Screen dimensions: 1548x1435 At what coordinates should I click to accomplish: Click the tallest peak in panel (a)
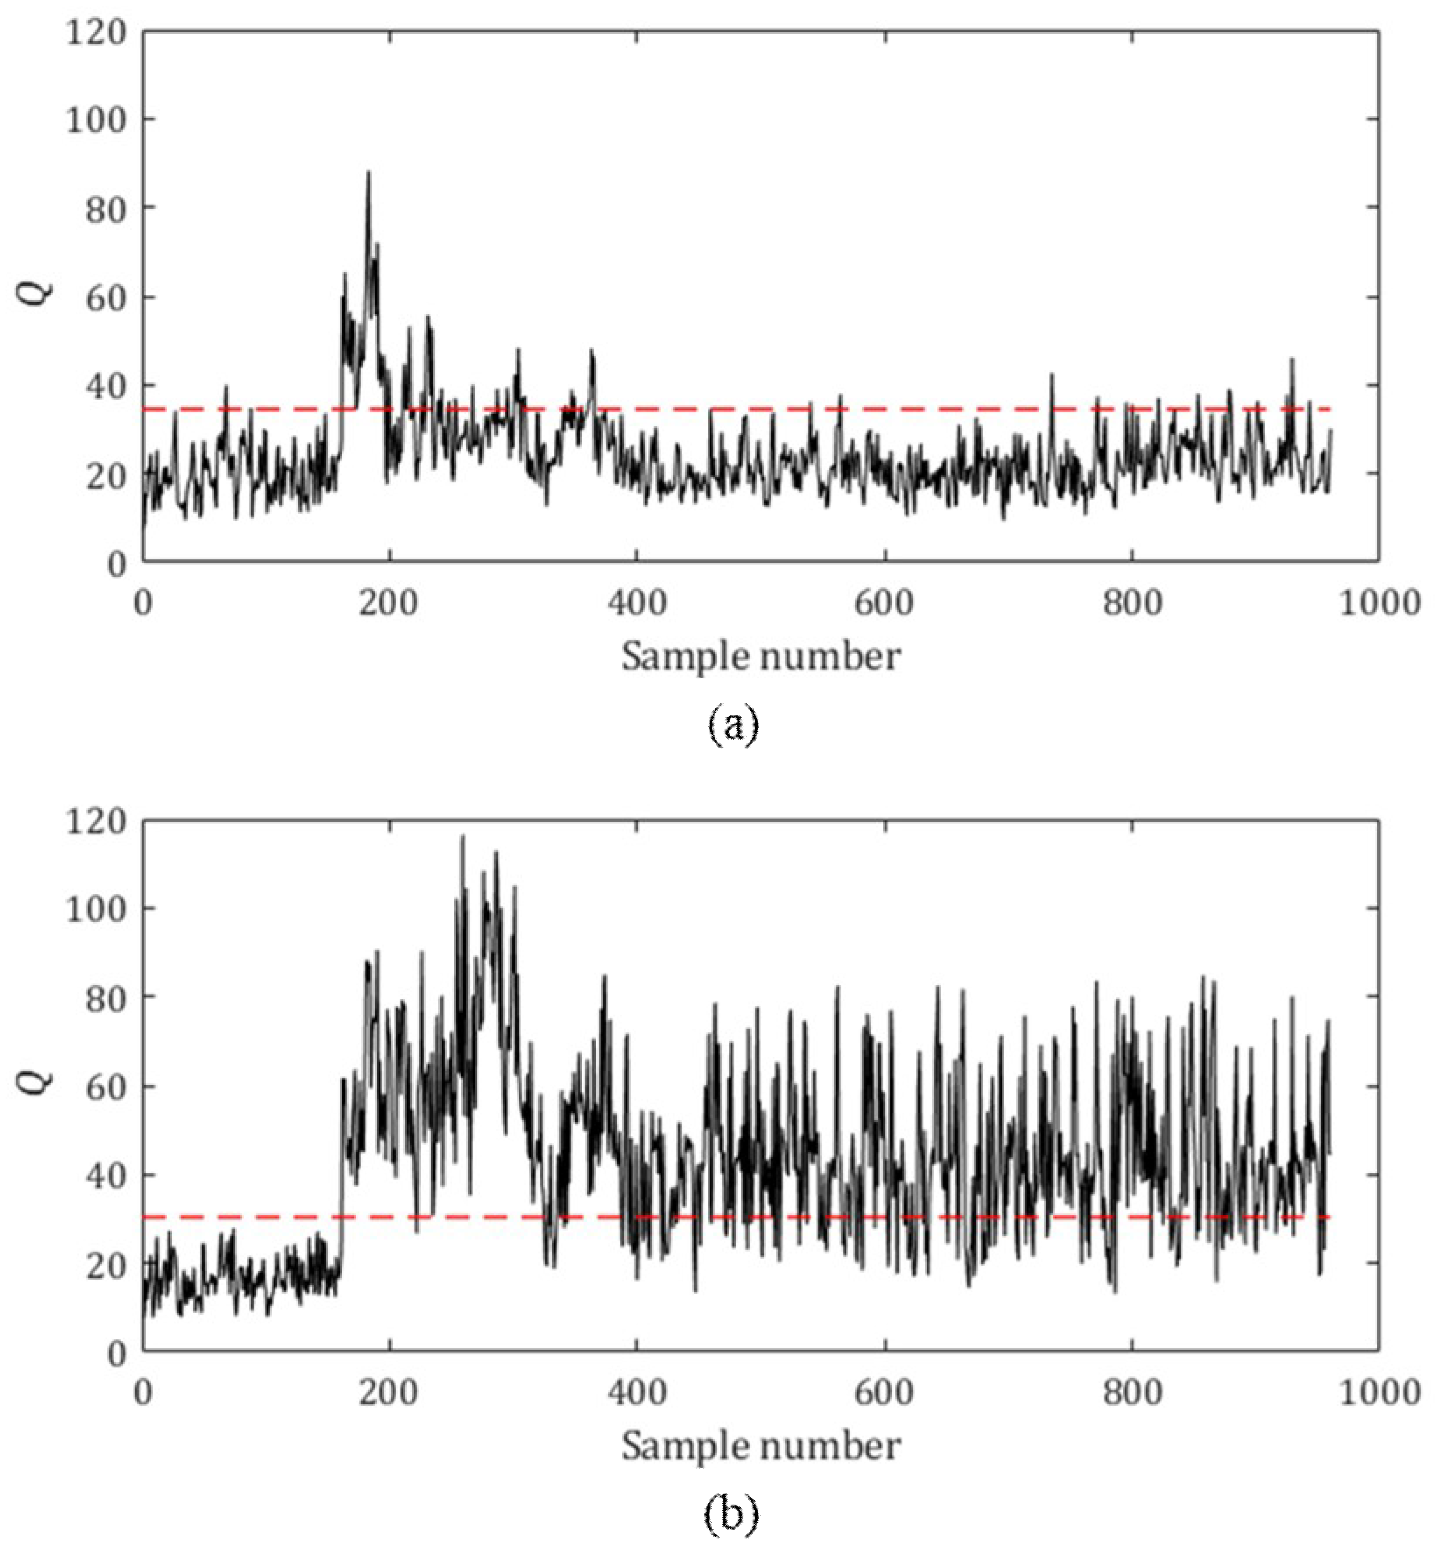click(369, 173)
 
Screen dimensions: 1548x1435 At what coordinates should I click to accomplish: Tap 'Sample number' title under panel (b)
click(761, 1446)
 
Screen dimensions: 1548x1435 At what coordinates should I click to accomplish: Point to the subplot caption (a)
click(733, 726)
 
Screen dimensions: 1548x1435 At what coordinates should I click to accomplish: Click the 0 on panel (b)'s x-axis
click(143, 1393)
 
